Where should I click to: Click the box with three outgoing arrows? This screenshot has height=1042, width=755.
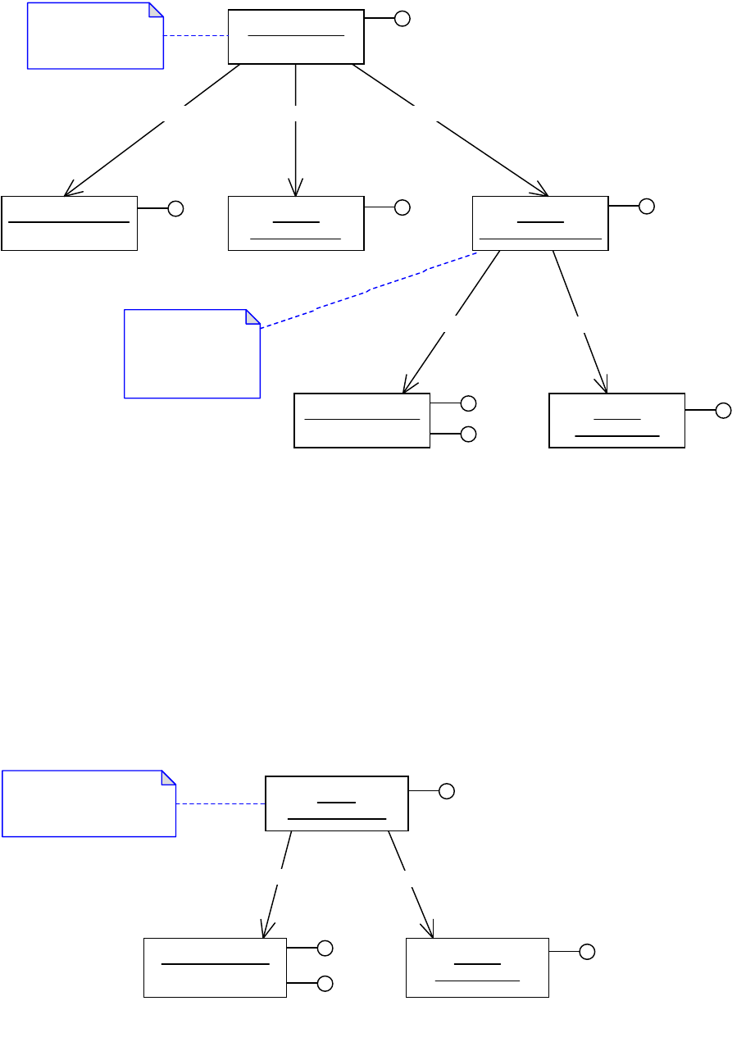pos(296,36)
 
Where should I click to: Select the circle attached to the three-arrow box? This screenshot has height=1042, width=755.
pos(402,18)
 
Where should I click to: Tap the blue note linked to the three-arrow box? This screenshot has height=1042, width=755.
pos(95,35)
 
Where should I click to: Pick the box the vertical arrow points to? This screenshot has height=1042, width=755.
pos(296,223)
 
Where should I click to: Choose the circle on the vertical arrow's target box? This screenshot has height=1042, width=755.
pos(402,207)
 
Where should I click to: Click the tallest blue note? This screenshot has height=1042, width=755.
pos(192,353)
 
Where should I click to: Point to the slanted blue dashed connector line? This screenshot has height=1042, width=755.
pos(369,290)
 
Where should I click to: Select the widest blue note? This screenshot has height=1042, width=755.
pos(89,803)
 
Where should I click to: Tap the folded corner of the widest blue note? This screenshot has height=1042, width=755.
pos(169,777)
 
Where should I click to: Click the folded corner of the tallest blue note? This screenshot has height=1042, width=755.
pos(252,316)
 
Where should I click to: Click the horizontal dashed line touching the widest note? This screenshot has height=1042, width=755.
pos(221,803)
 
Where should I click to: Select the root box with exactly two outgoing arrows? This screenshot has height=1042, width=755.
pos(337,803)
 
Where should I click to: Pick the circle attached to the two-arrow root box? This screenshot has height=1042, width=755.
pos(446,791)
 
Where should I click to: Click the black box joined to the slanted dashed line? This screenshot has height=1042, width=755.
pos(540,223)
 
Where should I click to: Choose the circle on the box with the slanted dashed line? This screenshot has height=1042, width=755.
pos(647,206)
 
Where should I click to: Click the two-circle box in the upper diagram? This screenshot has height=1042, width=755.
pos(362,420)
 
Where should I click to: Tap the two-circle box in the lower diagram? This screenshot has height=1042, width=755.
pos(215,967)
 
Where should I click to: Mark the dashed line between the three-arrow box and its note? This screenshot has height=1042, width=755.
pos(196,36)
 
